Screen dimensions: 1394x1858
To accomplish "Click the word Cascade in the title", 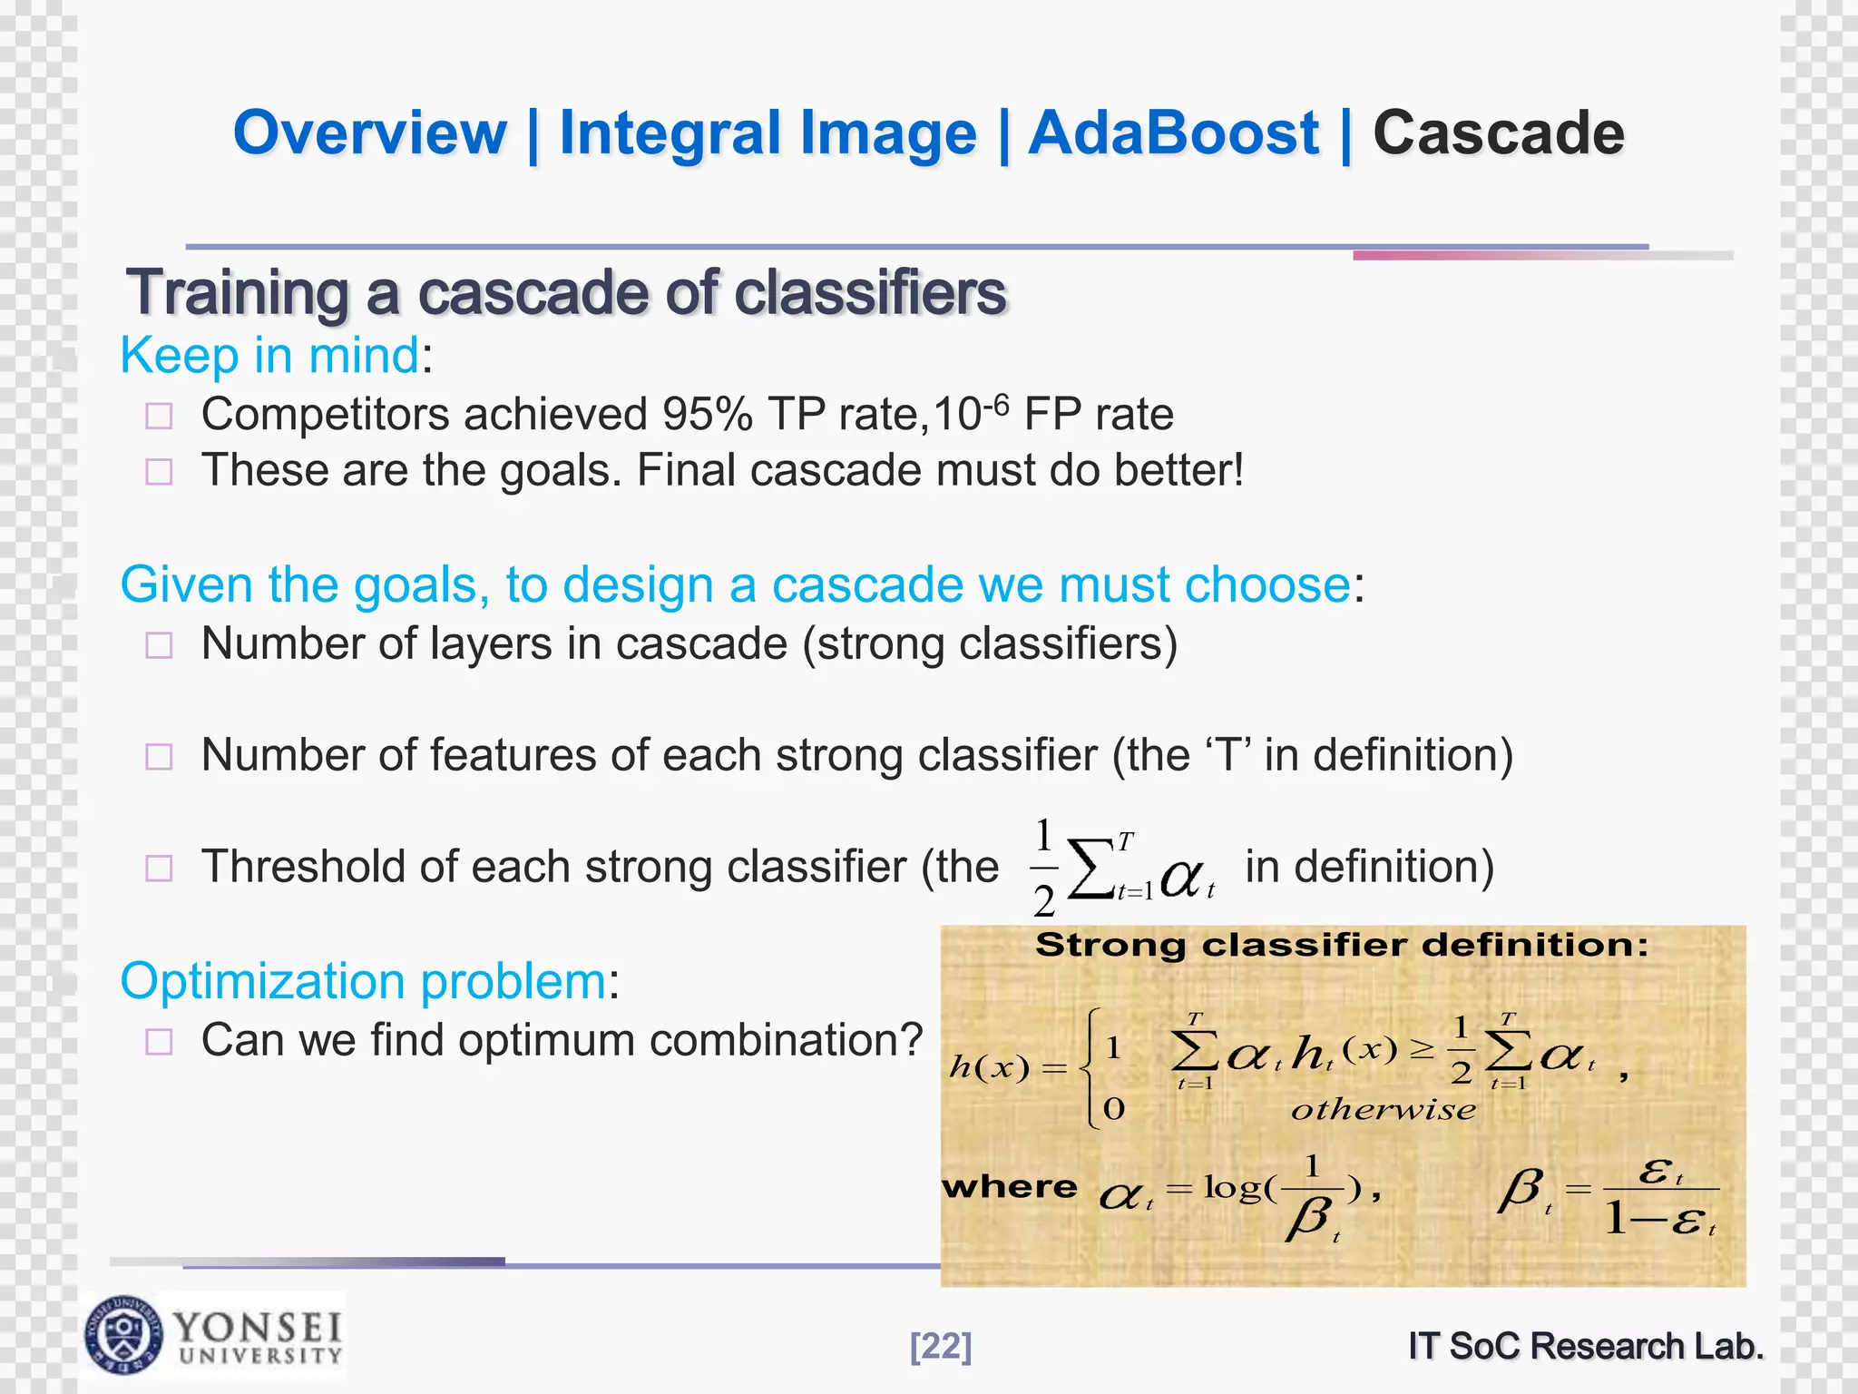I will click(x=1498, y=133).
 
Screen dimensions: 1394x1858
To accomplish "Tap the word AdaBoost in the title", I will click(x=1173, y=133).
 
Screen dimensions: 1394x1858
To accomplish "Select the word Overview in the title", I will click(x=370, y=133).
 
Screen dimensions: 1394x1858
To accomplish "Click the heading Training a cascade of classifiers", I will click(x=566, y=293).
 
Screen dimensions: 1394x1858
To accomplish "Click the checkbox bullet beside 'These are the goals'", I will click(x=159, y=472).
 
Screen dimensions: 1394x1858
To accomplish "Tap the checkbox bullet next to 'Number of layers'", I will click(x=159, y=645).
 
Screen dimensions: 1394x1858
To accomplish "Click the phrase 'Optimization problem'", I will click(x=363, y=981).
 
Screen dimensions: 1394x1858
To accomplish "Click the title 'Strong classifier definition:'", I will click(x=1341, y=946).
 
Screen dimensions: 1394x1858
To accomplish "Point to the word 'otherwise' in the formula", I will click(x=1383, y=1110).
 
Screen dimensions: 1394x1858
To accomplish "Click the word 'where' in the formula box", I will click(x=1010, y=1187).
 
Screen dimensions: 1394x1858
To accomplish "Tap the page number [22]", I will click(x=941, y=1346).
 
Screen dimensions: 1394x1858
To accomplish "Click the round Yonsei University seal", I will click(x=124, y=1335).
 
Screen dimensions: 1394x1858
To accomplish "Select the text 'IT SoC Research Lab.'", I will click(x=1586, y=1346).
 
